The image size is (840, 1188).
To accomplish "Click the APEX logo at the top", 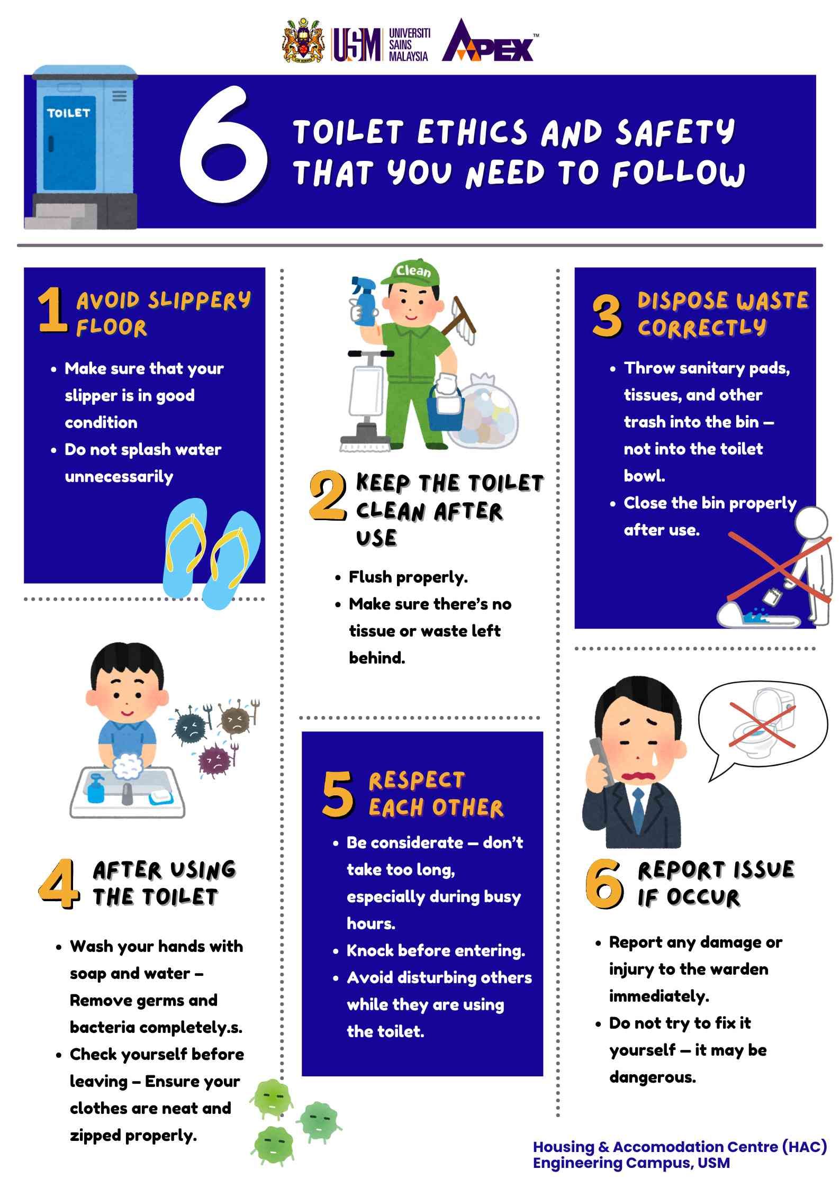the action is click(488, 41).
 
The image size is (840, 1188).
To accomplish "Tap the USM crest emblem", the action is click(303, 41).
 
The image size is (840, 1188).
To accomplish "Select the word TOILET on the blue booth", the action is click(68, 113).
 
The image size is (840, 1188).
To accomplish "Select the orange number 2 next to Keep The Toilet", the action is click(328, 496).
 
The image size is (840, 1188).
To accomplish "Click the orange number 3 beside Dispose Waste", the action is click(607, 316).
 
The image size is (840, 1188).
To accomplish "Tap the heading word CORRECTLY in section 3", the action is click(702, 328).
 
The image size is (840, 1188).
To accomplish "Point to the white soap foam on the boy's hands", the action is click(128, 766).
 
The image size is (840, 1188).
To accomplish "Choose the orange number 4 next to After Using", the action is click(59, 884).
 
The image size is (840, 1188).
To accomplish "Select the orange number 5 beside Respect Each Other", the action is click(337, 793).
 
